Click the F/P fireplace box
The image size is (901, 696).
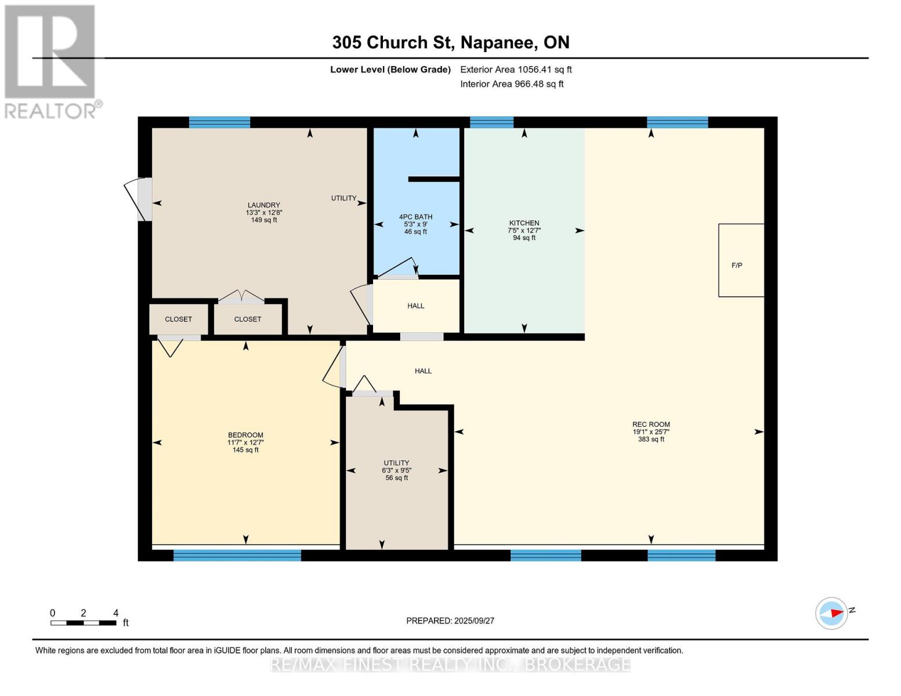(x=741, y=260)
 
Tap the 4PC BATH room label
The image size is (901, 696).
(x=415, y=217)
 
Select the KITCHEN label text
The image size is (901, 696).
(x=524, y=223)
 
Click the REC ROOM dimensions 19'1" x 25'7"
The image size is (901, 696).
(x=651, y=432)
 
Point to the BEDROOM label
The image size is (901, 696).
(x=245, y=435)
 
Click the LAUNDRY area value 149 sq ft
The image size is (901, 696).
(x=264, y=220)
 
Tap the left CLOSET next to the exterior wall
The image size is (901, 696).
(x=179, y=319)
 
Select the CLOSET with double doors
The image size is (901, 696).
(x=248, y=319)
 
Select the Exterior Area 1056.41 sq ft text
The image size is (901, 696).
(x=516, y=70)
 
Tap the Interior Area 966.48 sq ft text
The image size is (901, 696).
(x=512, y=84)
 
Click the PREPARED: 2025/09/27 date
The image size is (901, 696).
(x=450, y=621)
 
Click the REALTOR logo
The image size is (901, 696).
(x=51, y=61)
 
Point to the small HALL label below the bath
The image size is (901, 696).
(x=415, y=306)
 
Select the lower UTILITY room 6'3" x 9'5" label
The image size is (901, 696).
(x=397, y=470)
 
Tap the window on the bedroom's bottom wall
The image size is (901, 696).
(x=237, y=556)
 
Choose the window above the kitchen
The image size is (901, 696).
(x=491, y=122)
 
